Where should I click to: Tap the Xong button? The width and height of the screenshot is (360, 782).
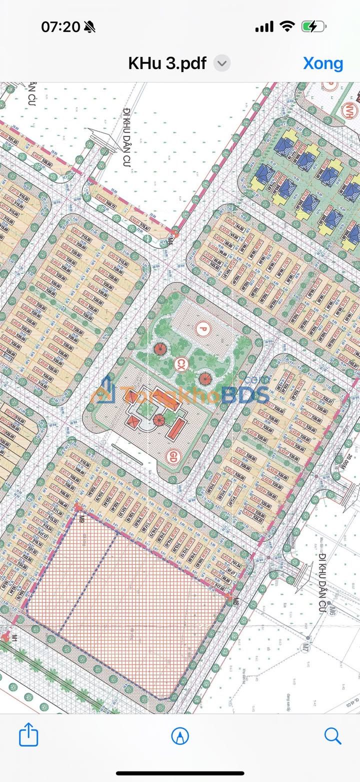[323, 63]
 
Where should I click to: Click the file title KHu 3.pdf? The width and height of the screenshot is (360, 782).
[167, 63]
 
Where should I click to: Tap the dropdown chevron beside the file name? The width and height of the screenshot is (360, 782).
[222, 63]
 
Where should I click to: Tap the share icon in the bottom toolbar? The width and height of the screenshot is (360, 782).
[28, 735]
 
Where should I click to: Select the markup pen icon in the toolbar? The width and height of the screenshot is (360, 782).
[180, 735]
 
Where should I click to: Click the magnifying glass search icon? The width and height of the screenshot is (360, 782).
[332, 735]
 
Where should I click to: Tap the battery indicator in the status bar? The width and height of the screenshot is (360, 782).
[314, 27]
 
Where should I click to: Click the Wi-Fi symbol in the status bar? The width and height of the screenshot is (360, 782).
[287, 27]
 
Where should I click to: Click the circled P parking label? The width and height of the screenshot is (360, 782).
[202, 328]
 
